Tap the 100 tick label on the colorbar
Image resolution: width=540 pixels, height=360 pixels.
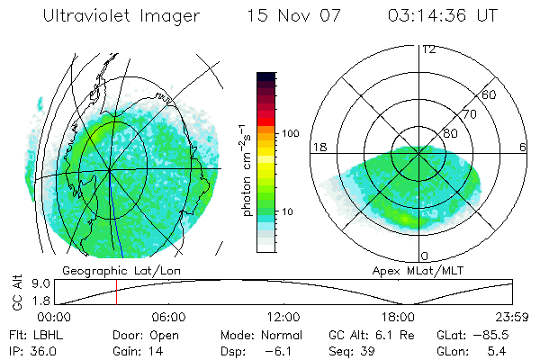coord(290,133)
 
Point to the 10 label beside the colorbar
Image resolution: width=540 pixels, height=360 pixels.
coord(289,212)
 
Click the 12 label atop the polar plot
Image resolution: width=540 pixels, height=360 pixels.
coord(429,49)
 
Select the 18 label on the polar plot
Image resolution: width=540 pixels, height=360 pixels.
coord(318,147)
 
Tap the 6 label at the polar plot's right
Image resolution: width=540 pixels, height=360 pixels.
coord(523,147)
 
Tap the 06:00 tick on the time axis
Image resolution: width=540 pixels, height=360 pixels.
coord(168,318)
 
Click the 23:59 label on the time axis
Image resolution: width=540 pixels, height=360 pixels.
coord(513,318)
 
